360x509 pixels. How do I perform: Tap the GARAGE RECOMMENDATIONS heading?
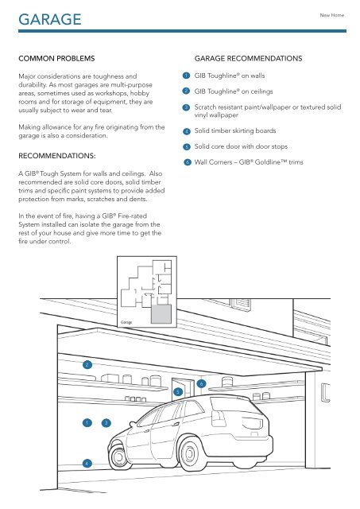(250, 59)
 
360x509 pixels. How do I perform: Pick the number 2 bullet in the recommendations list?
(184, 91)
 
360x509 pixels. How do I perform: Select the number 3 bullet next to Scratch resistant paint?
(184, 107)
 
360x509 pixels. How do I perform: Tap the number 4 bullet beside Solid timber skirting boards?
(184, 130)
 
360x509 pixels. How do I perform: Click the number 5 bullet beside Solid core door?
(184, 147)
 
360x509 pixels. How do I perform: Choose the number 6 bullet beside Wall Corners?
(184, 162)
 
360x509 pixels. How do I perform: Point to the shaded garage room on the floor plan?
(160, 315)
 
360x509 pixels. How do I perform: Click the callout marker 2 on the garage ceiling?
(87, 364)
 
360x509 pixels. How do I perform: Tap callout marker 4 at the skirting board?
(87, 462)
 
